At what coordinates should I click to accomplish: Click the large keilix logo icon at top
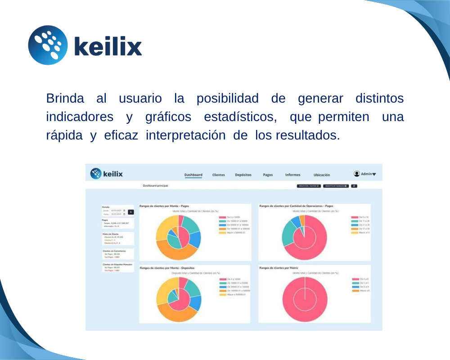tap(48, 45)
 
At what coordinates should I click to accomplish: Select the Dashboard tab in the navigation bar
tap(193, 175)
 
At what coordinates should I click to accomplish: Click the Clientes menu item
tap(219, 175)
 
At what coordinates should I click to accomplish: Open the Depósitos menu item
tap(243, 175)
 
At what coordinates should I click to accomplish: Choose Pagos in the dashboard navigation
tap(268, 175)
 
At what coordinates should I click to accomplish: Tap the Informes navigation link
tap(292, 175)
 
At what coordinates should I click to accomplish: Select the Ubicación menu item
tap(322, 175)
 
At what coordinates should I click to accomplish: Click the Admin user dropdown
tap(365, 174)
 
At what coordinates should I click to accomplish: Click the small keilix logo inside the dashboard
tap(107, 174)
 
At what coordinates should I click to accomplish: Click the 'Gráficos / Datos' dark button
tap(309, 185)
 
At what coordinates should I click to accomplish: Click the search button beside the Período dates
tap(131, 212)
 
